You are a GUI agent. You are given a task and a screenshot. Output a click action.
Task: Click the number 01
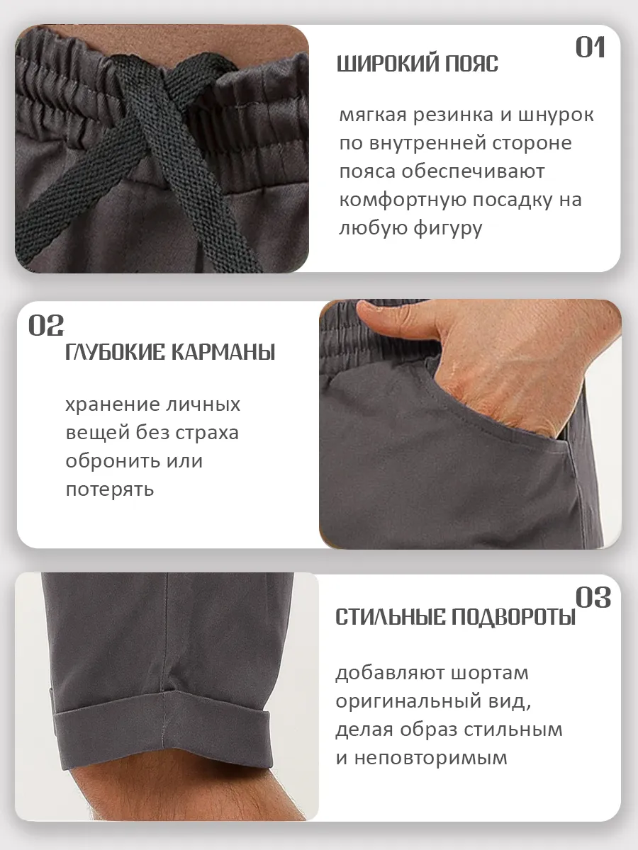tap(591, 47)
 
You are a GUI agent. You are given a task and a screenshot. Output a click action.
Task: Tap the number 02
tap(46, 325)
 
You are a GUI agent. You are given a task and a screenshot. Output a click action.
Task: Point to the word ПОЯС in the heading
tap(471, 64)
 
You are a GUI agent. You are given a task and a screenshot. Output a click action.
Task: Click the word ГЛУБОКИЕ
tap(115, 352)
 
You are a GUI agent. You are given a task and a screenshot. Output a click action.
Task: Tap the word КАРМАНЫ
tap(223, 352)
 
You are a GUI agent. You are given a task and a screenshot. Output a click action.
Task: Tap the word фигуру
tap(447, 229)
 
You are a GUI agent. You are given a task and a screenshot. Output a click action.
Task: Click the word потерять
tap(110, 490)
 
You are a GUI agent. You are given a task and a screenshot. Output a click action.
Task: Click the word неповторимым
tap(431, 758)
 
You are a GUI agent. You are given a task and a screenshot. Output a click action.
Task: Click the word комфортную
tap(403, 200)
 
